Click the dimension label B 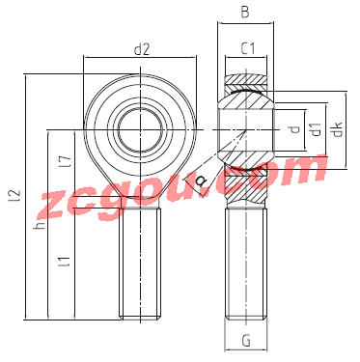pyautogui.click(x=245, y=13)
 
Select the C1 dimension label pyautogui.click(x=248, y=49)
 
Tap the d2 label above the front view pyautogui.click(x=142, y=49)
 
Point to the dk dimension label pyautogui.click(x=338, y=129)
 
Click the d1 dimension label pyautogui.click(x=317, y=129)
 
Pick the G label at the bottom pyautogui.click(x=246, y=341)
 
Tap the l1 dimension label pyautogui.click(x=65, y=262)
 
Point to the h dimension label pyautogui.click(x=40, y=225)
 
